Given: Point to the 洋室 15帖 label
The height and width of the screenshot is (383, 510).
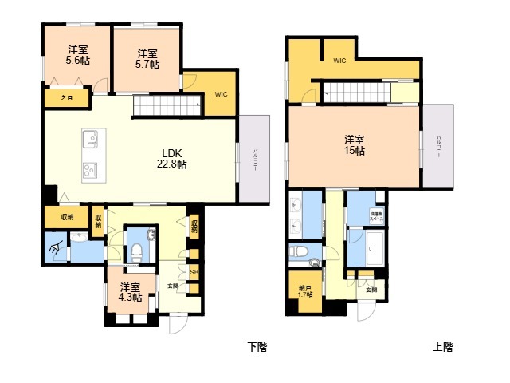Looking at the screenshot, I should tap(355, 144).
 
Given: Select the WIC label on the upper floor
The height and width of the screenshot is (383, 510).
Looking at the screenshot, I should tap(339, 61).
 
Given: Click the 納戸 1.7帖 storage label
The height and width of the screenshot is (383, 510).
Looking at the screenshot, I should tap(304, 291).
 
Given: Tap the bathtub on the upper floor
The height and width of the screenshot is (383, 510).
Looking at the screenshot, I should tap(372, 249).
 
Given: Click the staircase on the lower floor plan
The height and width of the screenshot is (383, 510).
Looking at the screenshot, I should tap(167, 104).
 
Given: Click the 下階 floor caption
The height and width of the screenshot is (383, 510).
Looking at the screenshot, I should tap(257, 347).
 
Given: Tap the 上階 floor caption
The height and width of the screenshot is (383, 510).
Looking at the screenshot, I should tap(443, 347).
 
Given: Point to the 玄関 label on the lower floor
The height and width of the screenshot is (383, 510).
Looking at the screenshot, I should tap(173, 285).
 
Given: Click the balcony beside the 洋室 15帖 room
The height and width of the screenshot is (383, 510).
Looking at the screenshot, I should tap(438, 147).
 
